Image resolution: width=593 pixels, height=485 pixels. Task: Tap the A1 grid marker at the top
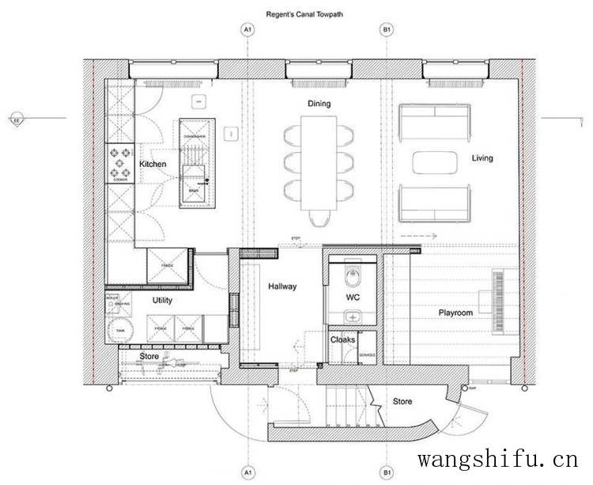click(247, 30)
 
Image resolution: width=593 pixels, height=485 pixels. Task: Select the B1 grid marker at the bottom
click(387, 472)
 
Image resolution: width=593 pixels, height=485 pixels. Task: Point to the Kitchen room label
click(153, 164)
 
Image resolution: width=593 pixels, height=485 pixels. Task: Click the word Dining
click(319, 104)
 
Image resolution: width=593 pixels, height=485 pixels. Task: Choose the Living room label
click(482, 158)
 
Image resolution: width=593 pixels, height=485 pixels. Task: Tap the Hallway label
click(281, 286)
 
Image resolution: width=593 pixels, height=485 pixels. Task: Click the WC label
click(353, 297)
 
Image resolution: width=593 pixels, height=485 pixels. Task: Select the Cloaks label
click(342, 340)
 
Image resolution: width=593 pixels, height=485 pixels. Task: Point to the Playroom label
click(455, 313)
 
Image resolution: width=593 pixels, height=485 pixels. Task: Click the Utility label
click(162, 301)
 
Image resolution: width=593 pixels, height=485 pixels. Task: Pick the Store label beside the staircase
click(402, 402)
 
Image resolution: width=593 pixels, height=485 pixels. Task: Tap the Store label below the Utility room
click(149, 357)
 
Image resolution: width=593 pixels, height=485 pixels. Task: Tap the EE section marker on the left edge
click(16, 120)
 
